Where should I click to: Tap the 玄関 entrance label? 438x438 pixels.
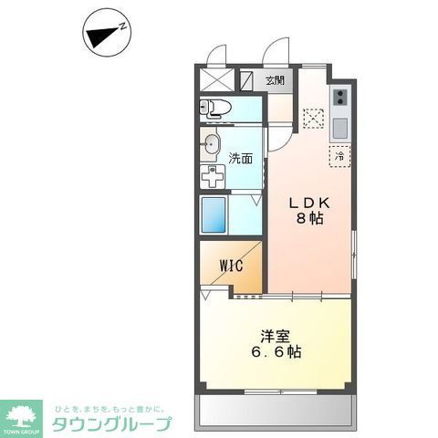pos(274,80)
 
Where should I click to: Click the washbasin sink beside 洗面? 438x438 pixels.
pos(212,144)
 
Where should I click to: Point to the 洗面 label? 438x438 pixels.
pos(241,159)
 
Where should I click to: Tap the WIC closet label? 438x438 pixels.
pos(228,266)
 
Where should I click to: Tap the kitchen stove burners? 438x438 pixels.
pos(339,95)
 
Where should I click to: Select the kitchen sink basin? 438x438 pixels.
pos(339,123)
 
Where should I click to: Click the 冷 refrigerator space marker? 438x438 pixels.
pos(339,156)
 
